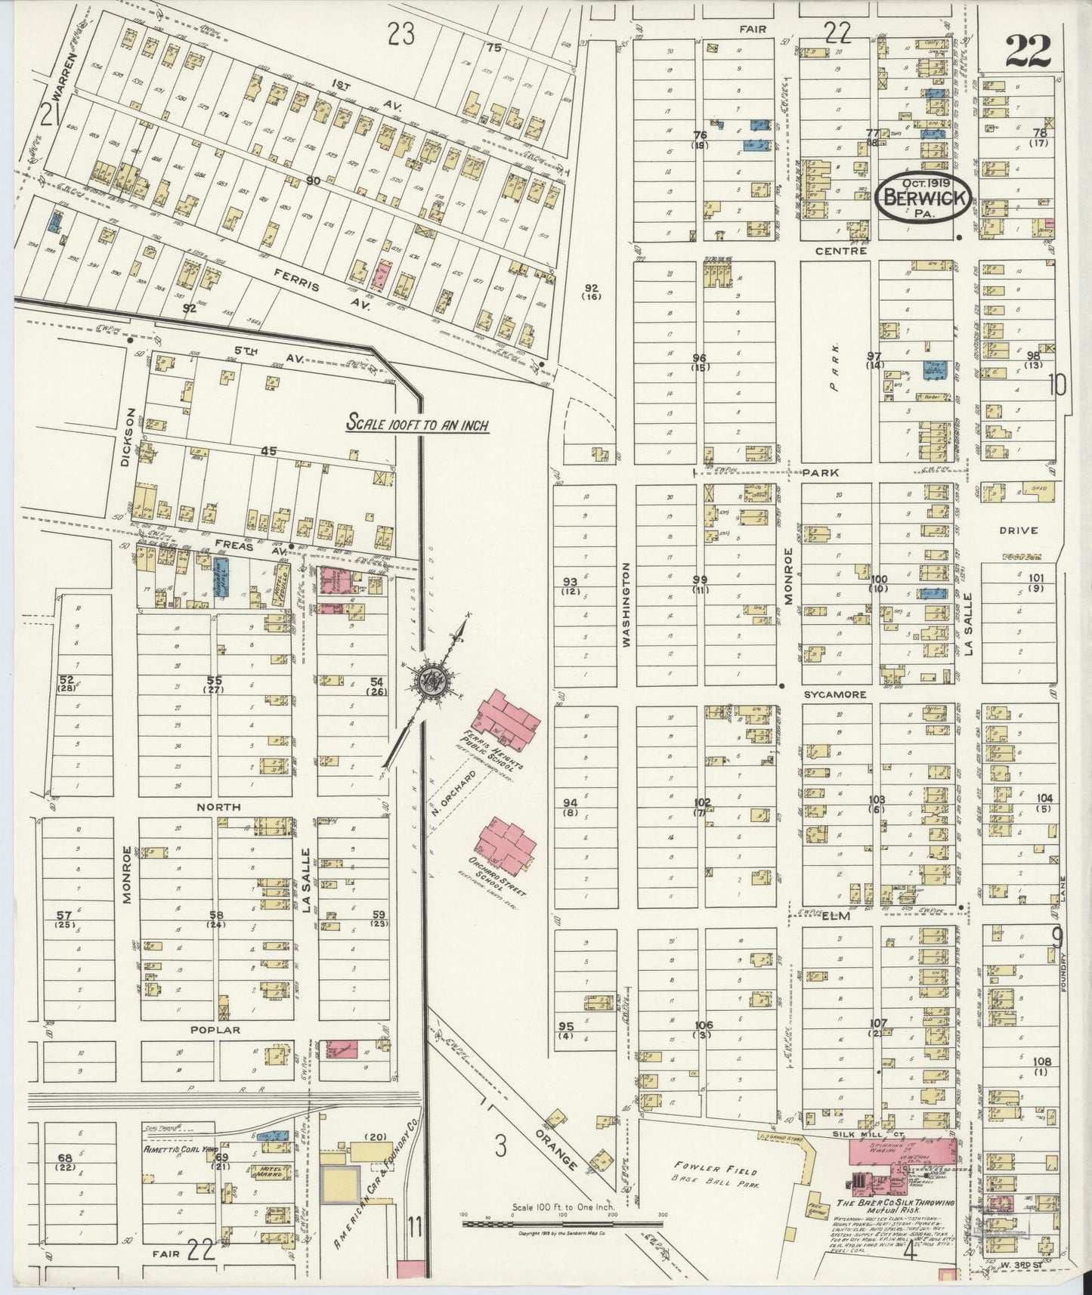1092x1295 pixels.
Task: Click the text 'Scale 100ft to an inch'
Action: (x=417, y=425)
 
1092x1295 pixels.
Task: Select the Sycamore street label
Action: (x=834, y=694)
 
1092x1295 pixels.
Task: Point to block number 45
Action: (x=268, y=451)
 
